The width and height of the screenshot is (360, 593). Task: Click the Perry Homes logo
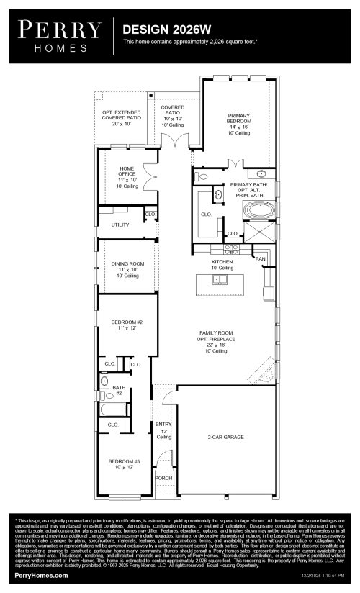60,34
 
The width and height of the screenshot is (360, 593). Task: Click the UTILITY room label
120,225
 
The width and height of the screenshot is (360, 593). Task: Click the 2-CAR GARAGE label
225,437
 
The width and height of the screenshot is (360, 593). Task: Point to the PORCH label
163,478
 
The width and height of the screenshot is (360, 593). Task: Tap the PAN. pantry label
260,258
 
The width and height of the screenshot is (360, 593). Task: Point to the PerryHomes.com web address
41,576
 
